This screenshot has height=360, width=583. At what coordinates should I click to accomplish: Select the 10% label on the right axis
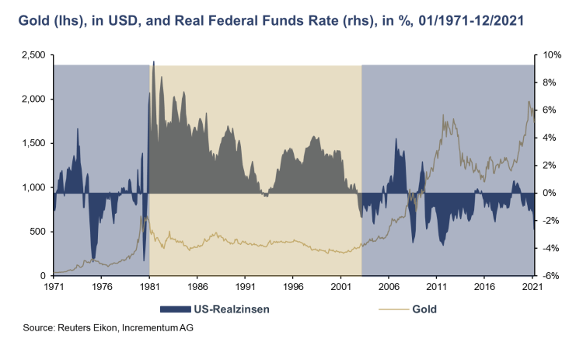[x=550, y=55]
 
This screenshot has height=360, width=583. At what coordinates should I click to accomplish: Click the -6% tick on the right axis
[x=550, y=276]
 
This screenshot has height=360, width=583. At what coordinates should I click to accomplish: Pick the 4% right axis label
[x=548, y=138]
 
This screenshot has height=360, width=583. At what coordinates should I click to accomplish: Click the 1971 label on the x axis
[x=54, y=287]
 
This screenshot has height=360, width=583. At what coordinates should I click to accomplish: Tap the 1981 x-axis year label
[x=149, y=287]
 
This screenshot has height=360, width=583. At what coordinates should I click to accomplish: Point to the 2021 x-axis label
[x=532, y=287]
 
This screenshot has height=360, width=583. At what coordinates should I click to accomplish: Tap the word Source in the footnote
[x=38, y=329]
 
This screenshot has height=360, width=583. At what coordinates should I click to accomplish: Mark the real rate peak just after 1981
[x=153, y=61]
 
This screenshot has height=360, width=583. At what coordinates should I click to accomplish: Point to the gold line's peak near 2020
[x=529, y=101]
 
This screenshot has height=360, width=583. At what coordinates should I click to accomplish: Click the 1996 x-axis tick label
[x=293, y=287]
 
